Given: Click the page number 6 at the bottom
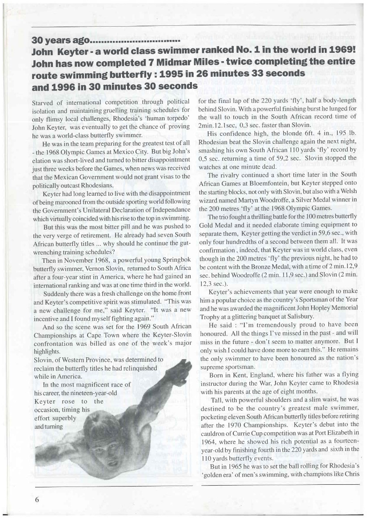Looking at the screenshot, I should pyautogui.click(x=37, y=498).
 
